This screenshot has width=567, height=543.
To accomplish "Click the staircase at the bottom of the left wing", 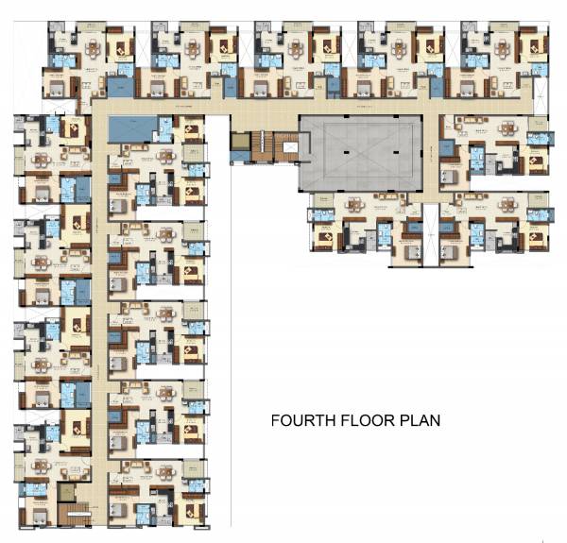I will pos(72,516).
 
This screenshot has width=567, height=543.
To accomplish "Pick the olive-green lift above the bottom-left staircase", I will pos(67,492).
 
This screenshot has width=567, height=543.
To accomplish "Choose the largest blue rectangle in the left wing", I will pos(128,127).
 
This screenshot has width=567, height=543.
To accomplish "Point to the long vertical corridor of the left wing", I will pos(99,312).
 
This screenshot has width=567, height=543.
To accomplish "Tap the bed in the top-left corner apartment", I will pos(56,89).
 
